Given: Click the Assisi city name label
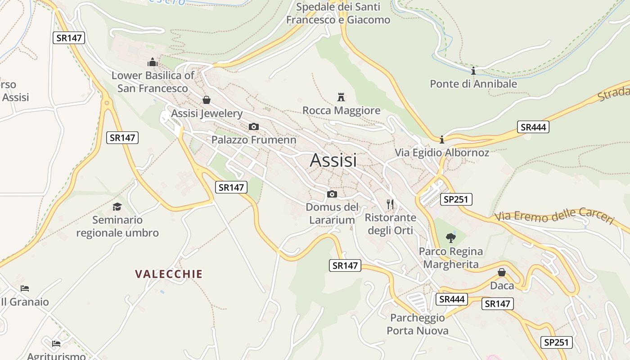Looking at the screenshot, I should point(333,161).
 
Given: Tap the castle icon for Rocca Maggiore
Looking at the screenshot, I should point(341,97).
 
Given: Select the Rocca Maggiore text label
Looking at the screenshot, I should point(341,110).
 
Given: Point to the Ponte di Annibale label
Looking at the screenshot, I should point(473,84).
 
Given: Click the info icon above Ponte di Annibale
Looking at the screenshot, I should point(473,71).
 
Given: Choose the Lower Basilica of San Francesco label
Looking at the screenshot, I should point(153,82).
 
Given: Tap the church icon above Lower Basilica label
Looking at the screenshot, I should point(153,62).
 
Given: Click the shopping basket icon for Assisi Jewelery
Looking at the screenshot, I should point(207,99).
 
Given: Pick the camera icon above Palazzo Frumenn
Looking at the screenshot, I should point(254,126).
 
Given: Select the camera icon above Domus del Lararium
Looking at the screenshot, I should point(332,194).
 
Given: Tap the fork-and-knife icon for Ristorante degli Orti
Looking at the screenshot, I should point(390,204).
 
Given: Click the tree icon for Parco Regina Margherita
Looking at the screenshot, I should point(450,238).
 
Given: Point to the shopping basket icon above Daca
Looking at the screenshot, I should point(502,272).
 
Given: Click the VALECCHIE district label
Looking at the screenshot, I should point(169,274).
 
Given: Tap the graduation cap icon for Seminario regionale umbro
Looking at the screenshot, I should point(117,207).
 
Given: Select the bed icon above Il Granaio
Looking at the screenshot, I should point(25,288).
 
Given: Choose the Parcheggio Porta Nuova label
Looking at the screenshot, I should point(418,324).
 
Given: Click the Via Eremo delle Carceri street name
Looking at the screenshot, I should point(554,217).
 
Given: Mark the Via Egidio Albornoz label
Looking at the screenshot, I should point(442,153).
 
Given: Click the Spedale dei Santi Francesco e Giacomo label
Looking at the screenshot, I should point(338,13).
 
